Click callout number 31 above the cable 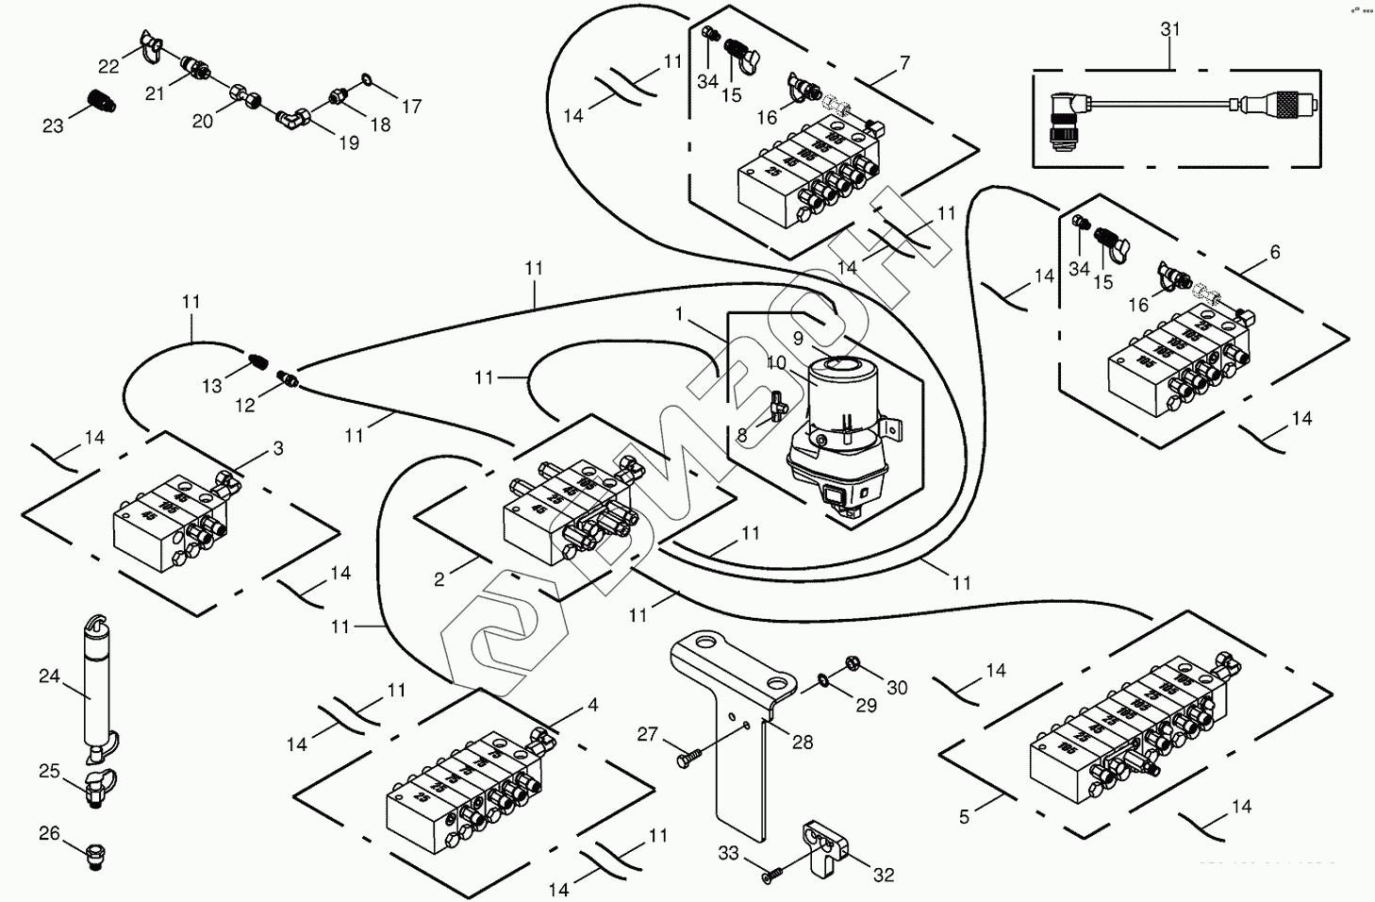coord(1169,29)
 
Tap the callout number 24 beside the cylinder coord(49,676)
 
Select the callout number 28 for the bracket coord(802,742)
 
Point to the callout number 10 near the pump coord(775,362)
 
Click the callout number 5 coord(964,817)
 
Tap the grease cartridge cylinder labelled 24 coord(94,689)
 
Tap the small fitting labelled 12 coord(290,379)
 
